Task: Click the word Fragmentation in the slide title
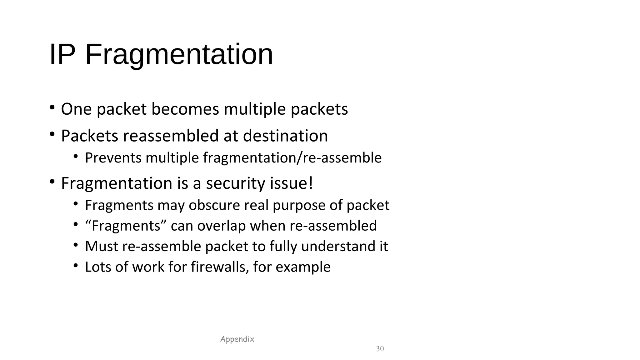[179, 55]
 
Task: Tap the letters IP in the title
[62, 55]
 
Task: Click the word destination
[285, 136]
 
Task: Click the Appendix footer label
[237, 339]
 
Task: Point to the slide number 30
[380, 349]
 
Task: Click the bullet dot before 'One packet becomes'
[52, 108]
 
